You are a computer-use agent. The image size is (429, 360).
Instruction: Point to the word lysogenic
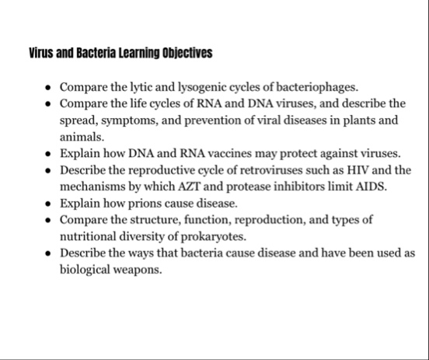coord(190,86)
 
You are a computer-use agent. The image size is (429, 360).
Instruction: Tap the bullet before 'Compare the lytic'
coord(49,86)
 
